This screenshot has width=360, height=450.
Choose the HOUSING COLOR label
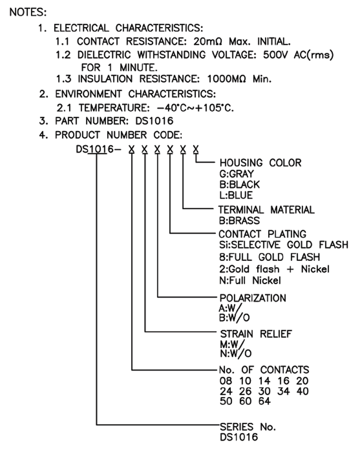[x=260, y=163]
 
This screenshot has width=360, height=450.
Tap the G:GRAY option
[x=236, y=174]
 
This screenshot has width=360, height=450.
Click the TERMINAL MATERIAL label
[x=267, y=209]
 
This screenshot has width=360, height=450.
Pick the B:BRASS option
[x=240, y=221]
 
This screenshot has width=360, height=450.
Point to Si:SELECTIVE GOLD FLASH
[x=283, y=245]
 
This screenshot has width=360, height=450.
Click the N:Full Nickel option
[x=250, y=280]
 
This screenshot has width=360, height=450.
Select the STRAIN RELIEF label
[x=255, y=334]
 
